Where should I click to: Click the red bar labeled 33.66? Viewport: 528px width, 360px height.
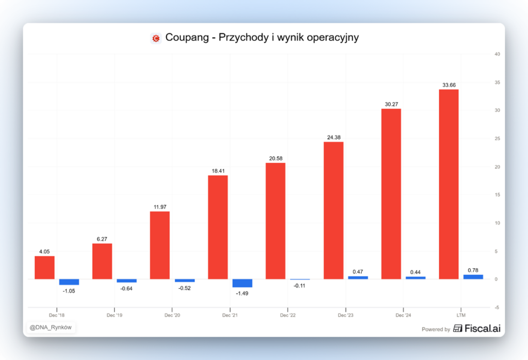(449, 184)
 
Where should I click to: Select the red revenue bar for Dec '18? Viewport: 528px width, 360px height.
(44, 268)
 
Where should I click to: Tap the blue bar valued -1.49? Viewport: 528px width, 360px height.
(242, 283)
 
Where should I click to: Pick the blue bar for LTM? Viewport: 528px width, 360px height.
(473, 277)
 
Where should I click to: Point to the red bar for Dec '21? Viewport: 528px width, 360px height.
(218, 227)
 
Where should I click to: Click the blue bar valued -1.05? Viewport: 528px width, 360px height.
(69, 282)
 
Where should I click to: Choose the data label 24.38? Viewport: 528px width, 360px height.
(334, 137)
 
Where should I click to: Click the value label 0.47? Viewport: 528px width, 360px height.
(358, 271)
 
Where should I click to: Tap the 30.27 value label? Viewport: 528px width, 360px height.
(391, 104)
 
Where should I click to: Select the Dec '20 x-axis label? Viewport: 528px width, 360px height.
(172, 315)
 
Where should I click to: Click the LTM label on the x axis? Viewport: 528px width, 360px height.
(461, 315)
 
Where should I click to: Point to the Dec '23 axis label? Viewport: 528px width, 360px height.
(345, 315)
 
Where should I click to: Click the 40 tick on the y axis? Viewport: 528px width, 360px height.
(497, 54)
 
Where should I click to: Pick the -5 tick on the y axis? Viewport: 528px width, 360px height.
(497, 307)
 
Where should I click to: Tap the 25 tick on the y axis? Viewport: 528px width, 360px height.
(497, 139)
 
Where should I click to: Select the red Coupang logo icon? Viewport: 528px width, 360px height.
(156, 38)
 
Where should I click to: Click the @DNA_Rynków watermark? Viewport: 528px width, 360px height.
(51, 327)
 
